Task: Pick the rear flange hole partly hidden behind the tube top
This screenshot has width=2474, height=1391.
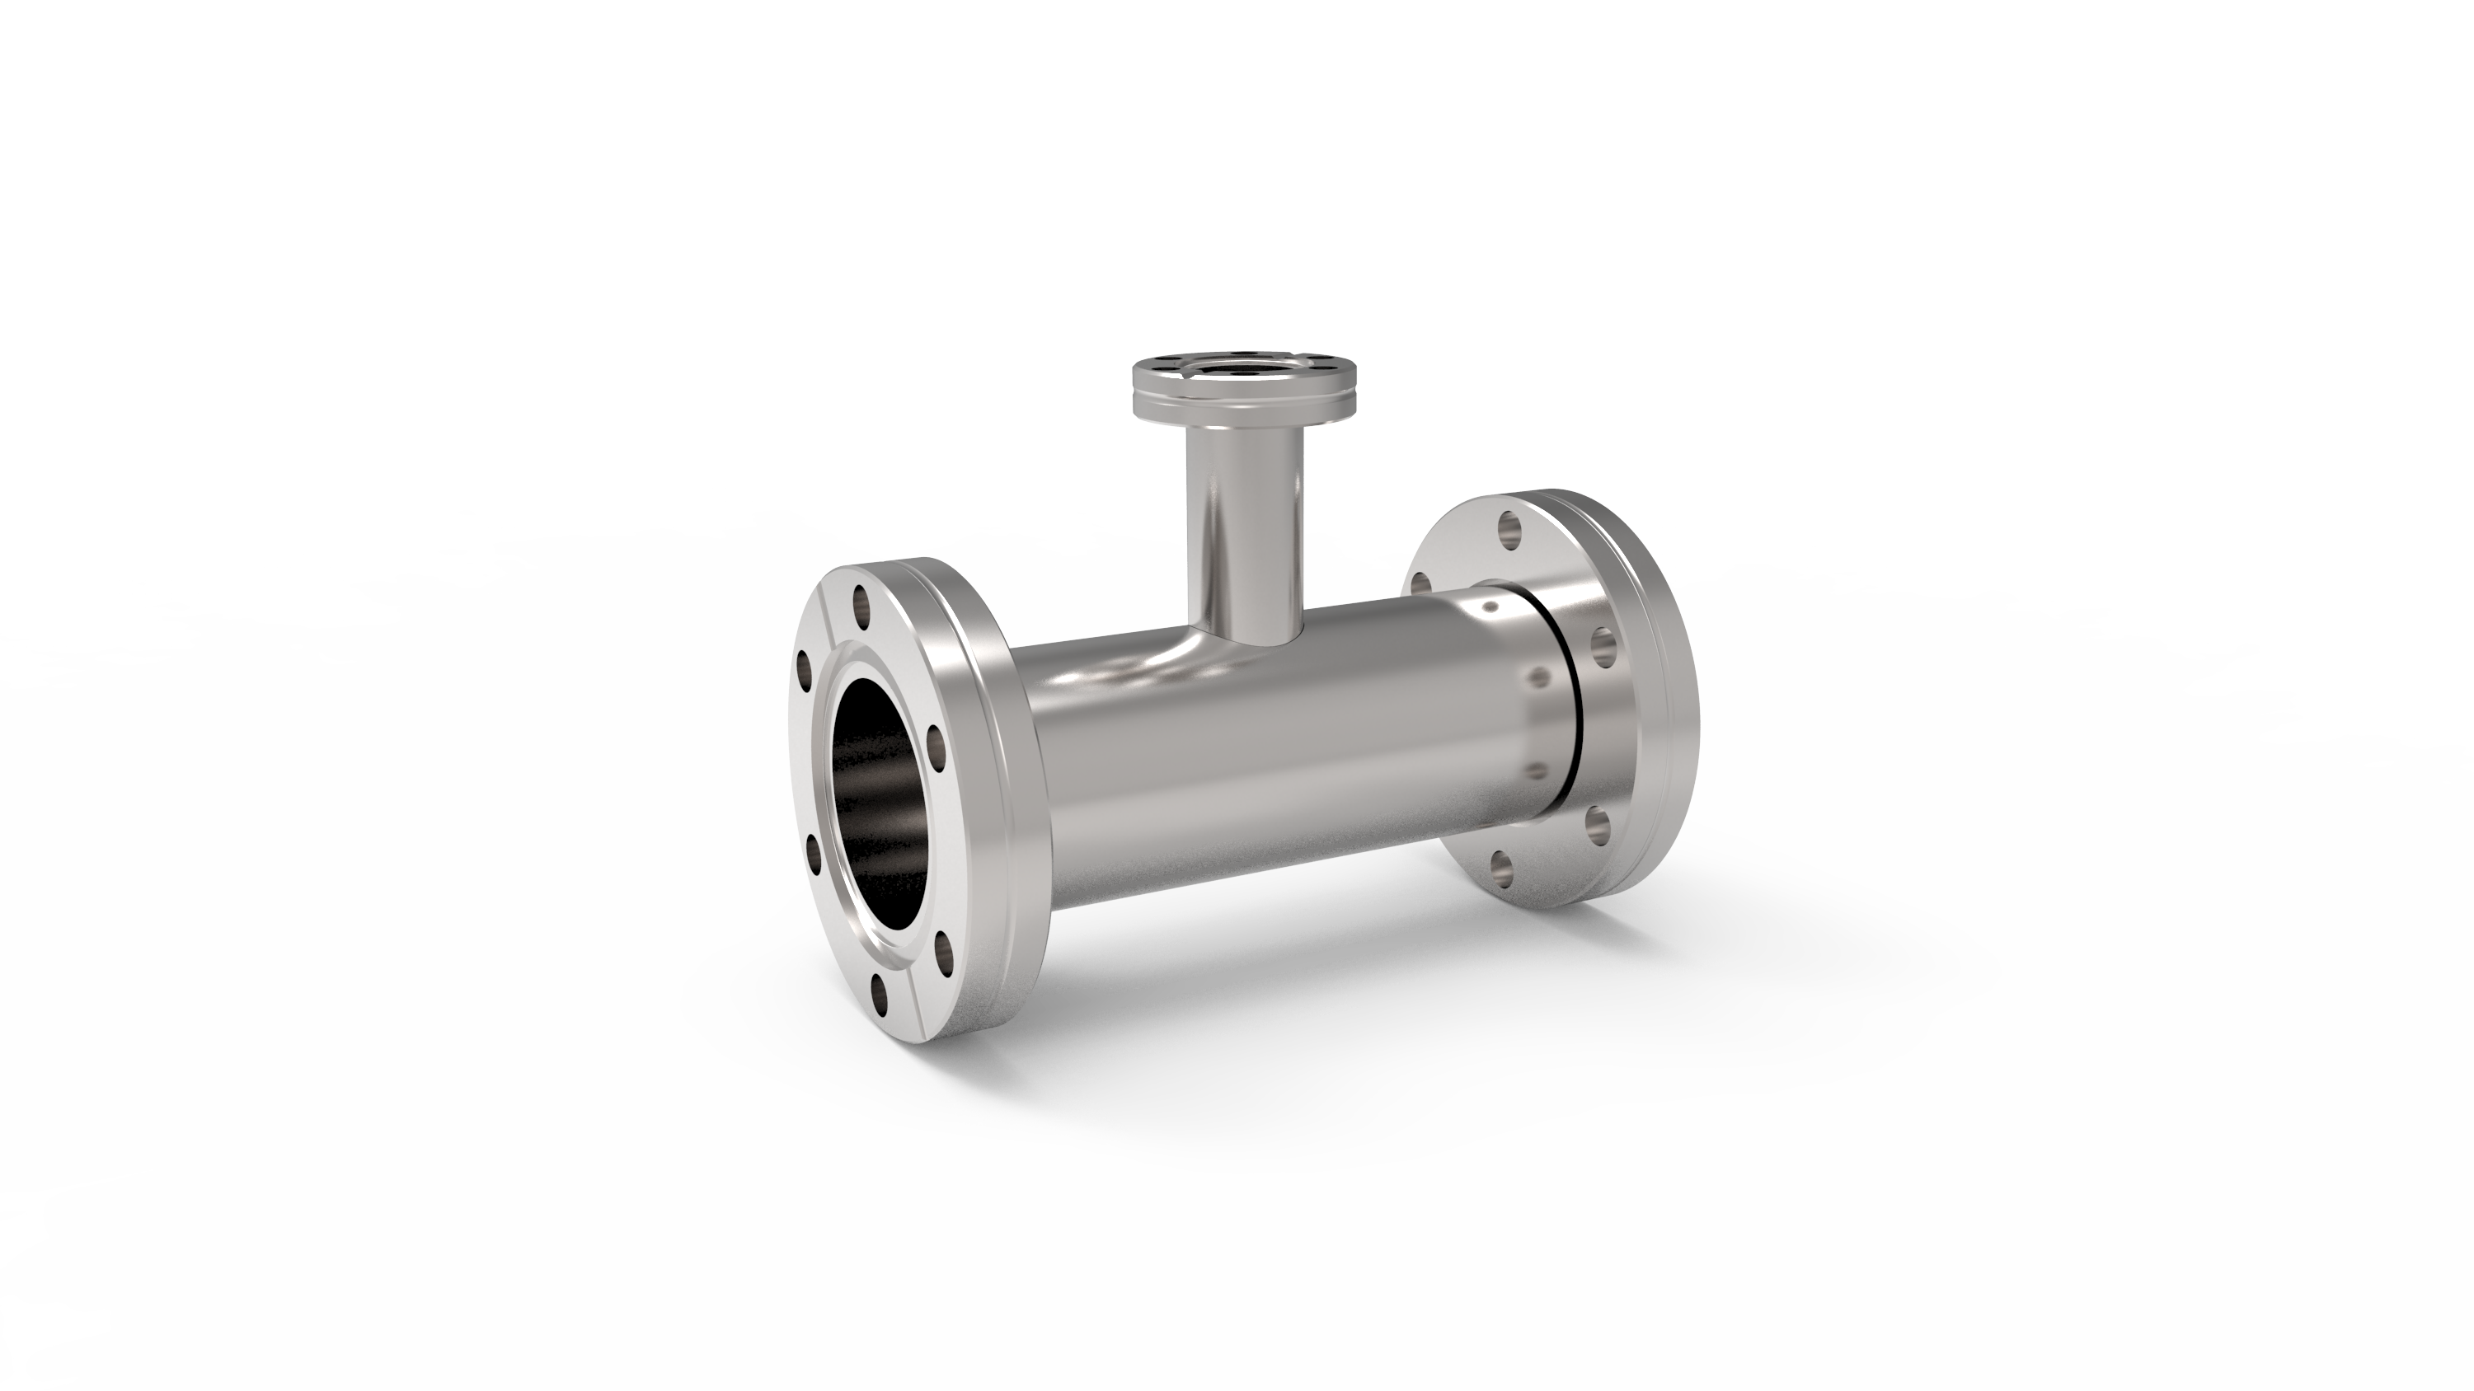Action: point(1420,582)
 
